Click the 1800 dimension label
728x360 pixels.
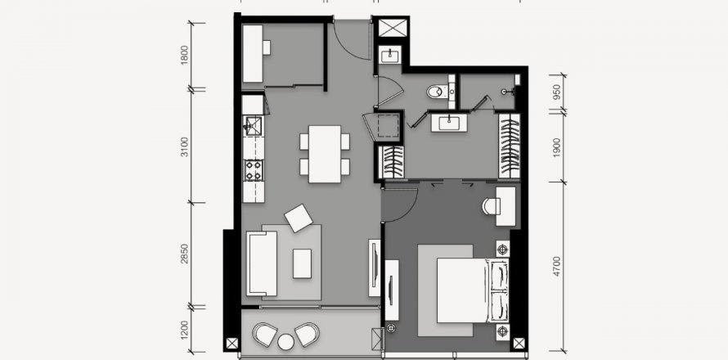(x=185, y=56)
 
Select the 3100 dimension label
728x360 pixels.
(x=185, y=146)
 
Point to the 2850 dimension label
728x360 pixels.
(x=185, y=254)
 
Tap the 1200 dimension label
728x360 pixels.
(x=185, y=330)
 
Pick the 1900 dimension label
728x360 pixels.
(x=557, y=147)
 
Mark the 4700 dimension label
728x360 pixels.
(x=557, y=266)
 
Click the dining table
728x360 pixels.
(x=325, y=154)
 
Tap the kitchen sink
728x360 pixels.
(x=253, y=126)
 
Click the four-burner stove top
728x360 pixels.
(x=254, y=170)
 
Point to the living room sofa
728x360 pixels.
(x=262, y=263)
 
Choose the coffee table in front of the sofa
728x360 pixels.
(x=303, y=263)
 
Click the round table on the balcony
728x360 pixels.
(x=286, y=342)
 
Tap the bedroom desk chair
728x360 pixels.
(x=490, y=207)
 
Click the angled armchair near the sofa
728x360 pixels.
(x=299, y=218)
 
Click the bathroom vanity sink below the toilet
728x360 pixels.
(x=449, y=123)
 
